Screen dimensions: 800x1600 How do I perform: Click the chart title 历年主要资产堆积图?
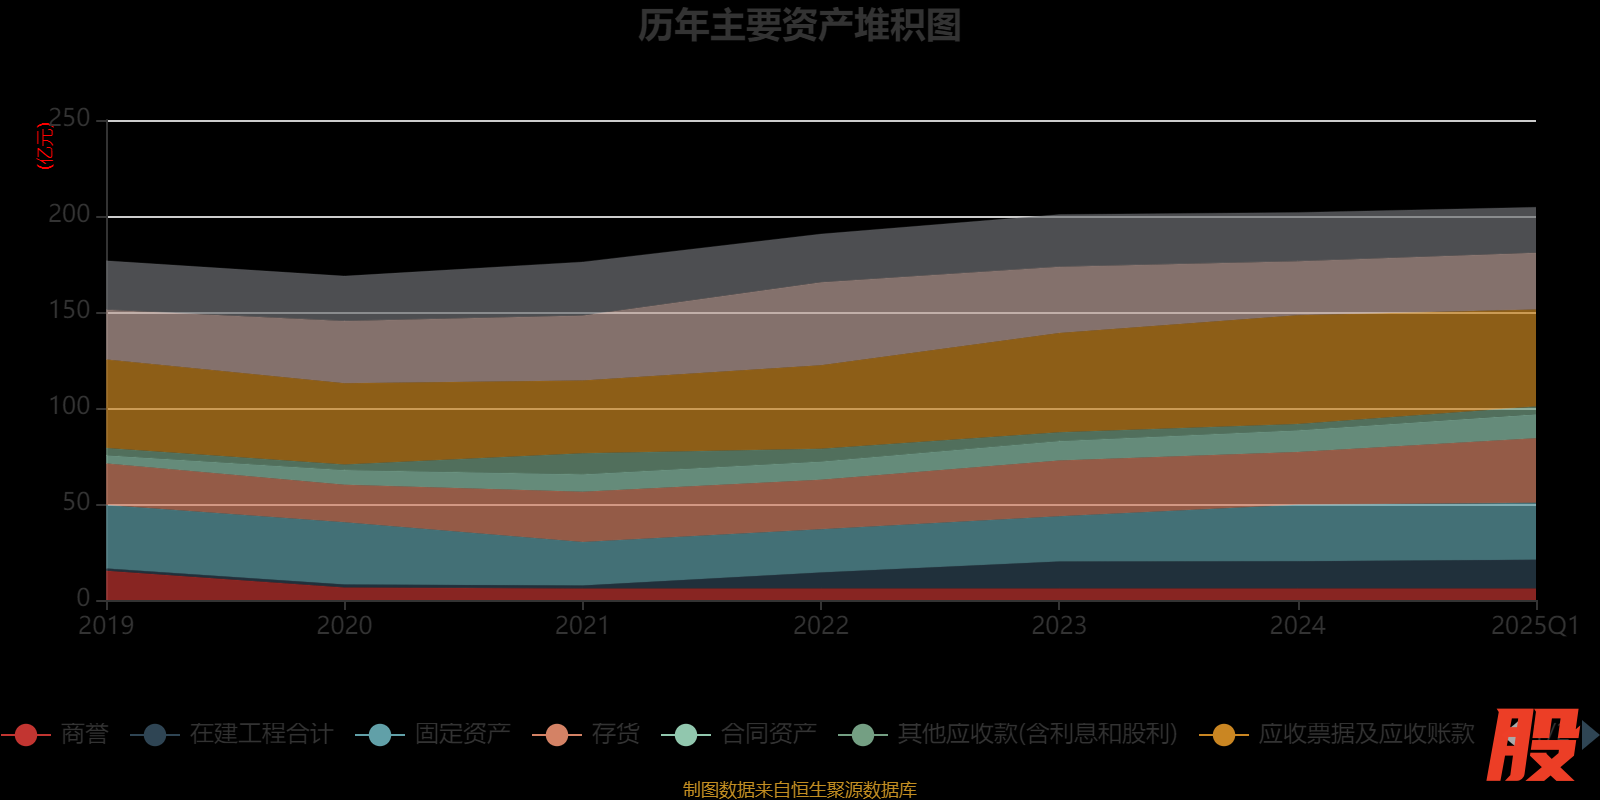click(799, 26)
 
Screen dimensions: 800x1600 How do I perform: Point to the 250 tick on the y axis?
click(69, 118)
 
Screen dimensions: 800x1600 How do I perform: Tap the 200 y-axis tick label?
click(69, 214)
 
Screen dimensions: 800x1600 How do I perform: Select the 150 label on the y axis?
click(69, 310)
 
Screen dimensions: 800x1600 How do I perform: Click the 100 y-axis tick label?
click(69, 406)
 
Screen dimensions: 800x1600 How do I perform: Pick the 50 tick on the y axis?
click(76, 502)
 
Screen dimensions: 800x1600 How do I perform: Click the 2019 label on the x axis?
click(107, 626)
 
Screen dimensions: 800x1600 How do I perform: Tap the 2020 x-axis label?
click(345, 626)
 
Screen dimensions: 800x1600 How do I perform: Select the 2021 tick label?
click(583, 626)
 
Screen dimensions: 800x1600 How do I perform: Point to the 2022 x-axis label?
click(821, 626)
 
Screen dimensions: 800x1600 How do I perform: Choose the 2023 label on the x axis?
click(1059, 626)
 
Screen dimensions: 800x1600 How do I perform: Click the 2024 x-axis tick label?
click(1297, 626)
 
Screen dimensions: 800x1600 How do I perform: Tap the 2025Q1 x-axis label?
click(1534, 626)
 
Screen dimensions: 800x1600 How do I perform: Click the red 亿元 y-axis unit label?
click(45, 146)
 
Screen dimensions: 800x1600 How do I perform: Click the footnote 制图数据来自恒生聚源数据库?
click(799, 790)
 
